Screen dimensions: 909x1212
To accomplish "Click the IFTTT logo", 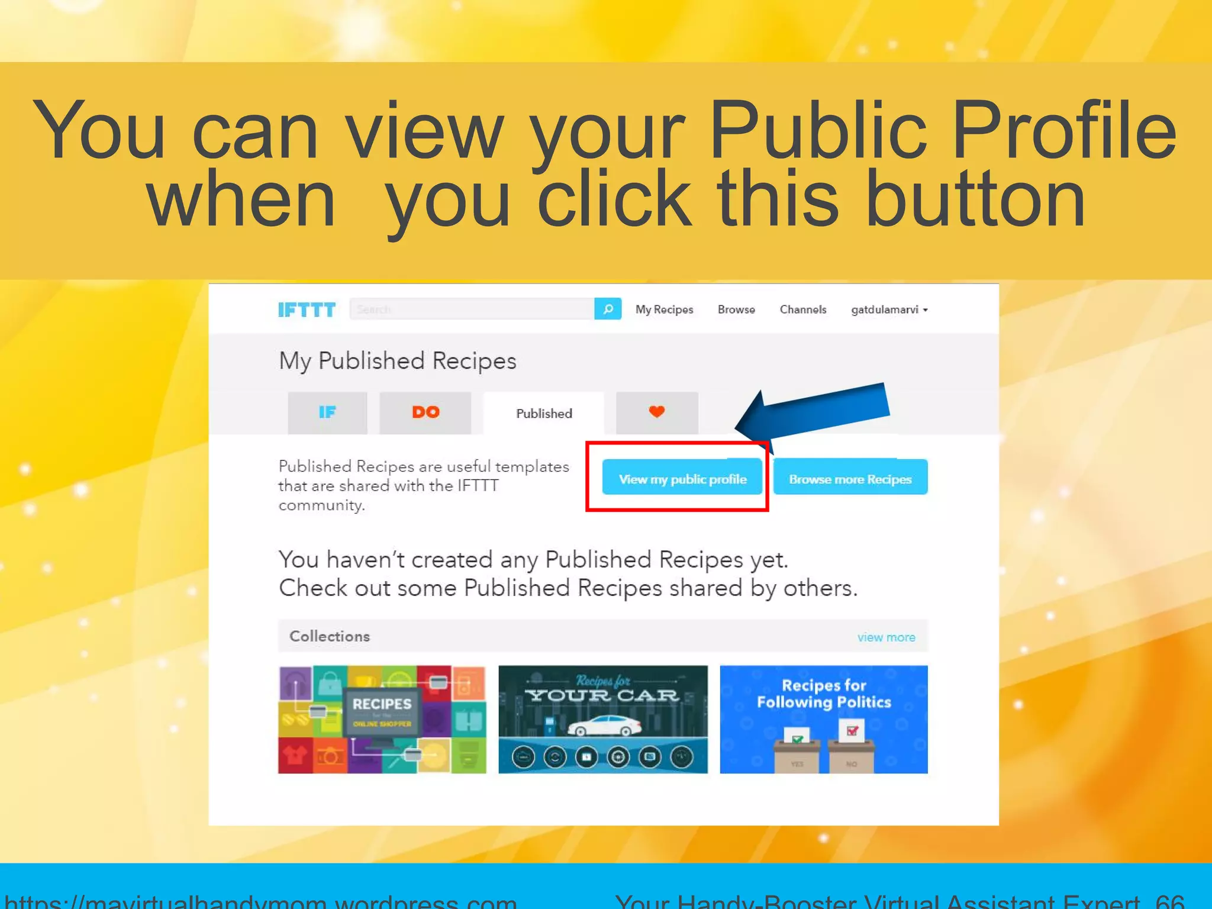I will [307, 310].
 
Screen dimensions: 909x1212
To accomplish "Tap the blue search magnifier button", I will [608, 309].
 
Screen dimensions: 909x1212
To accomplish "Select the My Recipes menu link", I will [664, 310].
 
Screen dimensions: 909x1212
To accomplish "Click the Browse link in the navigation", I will [736, 310].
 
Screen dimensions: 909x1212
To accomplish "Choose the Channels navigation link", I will [802, 310].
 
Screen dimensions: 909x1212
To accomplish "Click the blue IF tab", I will [327, 412].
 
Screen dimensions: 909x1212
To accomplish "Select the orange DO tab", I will [426, 412].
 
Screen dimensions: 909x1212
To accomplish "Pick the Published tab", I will [544, 413].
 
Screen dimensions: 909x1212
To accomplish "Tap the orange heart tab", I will [657, 412].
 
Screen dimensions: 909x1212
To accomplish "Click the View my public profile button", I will [682, 478].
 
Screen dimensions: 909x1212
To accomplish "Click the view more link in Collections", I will [886, 637].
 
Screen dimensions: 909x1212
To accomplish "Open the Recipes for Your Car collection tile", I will [602, 719].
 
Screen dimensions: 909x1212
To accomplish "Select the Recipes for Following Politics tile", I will [824, 719].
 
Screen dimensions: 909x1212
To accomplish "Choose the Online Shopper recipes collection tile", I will [382, 719].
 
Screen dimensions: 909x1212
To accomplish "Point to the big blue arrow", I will [817, 411].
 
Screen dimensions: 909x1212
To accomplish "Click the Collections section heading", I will [330, 636].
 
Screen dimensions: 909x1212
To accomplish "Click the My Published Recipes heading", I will [398, 361].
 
